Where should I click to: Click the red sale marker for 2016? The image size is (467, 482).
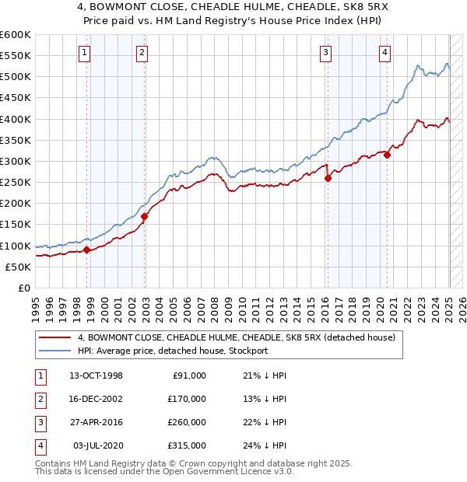pos(328,178)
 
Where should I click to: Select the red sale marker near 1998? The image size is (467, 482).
pos(87,250)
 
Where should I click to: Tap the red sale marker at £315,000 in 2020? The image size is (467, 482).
pos(387,155)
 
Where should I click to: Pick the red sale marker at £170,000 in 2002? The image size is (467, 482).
pos(145,216)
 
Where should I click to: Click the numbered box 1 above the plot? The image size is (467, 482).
pos(84,53)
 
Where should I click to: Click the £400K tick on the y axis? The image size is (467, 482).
pos(16,119)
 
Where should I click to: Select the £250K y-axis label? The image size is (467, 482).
pos(16,182)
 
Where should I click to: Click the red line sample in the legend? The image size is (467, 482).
pos(54,338)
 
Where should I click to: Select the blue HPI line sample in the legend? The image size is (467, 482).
pos(54,351)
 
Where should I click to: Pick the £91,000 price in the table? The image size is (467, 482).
pos(189,375)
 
